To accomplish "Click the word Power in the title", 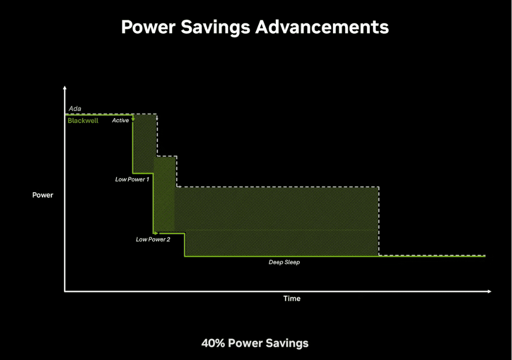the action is click(148, 27).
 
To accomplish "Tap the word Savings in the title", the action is click(216, 28).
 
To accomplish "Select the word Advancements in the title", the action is click(322, 27).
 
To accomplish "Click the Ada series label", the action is click(75, 109).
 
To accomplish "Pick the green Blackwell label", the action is click(83, 120).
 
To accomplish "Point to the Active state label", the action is click(120, 120).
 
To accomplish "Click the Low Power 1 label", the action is click(132, 179).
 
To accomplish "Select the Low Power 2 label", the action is click(153, 239).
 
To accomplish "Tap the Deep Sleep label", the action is click(284, 262).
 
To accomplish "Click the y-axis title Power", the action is click(43, 195).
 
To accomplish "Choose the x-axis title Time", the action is click(292, 298).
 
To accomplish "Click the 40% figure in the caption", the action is click(213, 343).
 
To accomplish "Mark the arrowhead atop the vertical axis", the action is click(65, 88).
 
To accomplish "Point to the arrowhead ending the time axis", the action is click(489, 291).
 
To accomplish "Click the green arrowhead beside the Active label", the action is click(133, 119).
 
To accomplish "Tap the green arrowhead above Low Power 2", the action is click(157, 233).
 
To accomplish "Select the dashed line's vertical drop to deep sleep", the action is click(379, 221).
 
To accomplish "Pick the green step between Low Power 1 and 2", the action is click(153, 203).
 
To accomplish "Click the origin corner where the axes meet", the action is click(65, 291).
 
